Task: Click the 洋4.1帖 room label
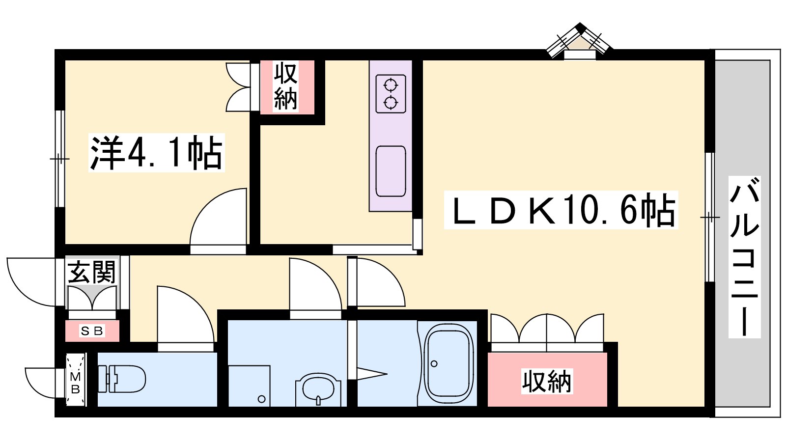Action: (157, 153)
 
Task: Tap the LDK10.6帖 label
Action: (561, 210)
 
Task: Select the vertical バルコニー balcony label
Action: (744, 257)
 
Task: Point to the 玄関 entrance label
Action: (91, 272)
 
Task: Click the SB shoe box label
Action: (92, 331)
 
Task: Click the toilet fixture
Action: (121, 379)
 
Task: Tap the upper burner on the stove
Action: (391, 85)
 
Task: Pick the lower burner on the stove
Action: (391, 103)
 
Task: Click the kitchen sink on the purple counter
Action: (391, 171)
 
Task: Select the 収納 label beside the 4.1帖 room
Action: (285, 86)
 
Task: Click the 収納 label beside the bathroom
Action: (547, 381)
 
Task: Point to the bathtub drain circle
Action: (434, 364)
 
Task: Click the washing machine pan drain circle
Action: (261, 399)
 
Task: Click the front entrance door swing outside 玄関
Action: (31, 282)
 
